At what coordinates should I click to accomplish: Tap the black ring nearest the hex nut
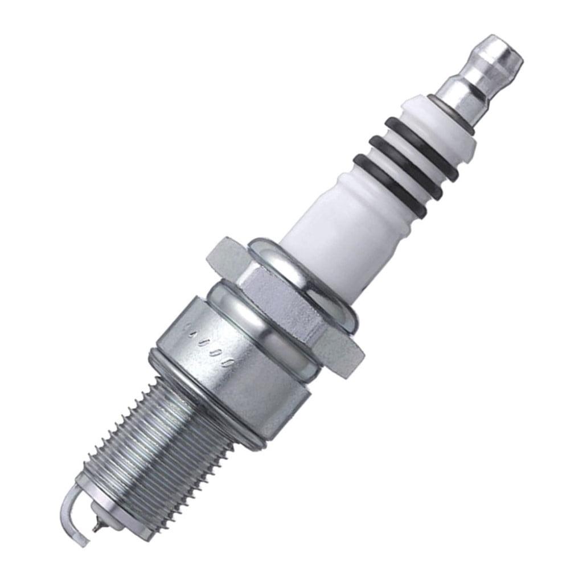tap(390, 186)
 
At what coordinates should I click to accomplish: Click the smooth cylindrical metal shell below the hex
tap(239, 364)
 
